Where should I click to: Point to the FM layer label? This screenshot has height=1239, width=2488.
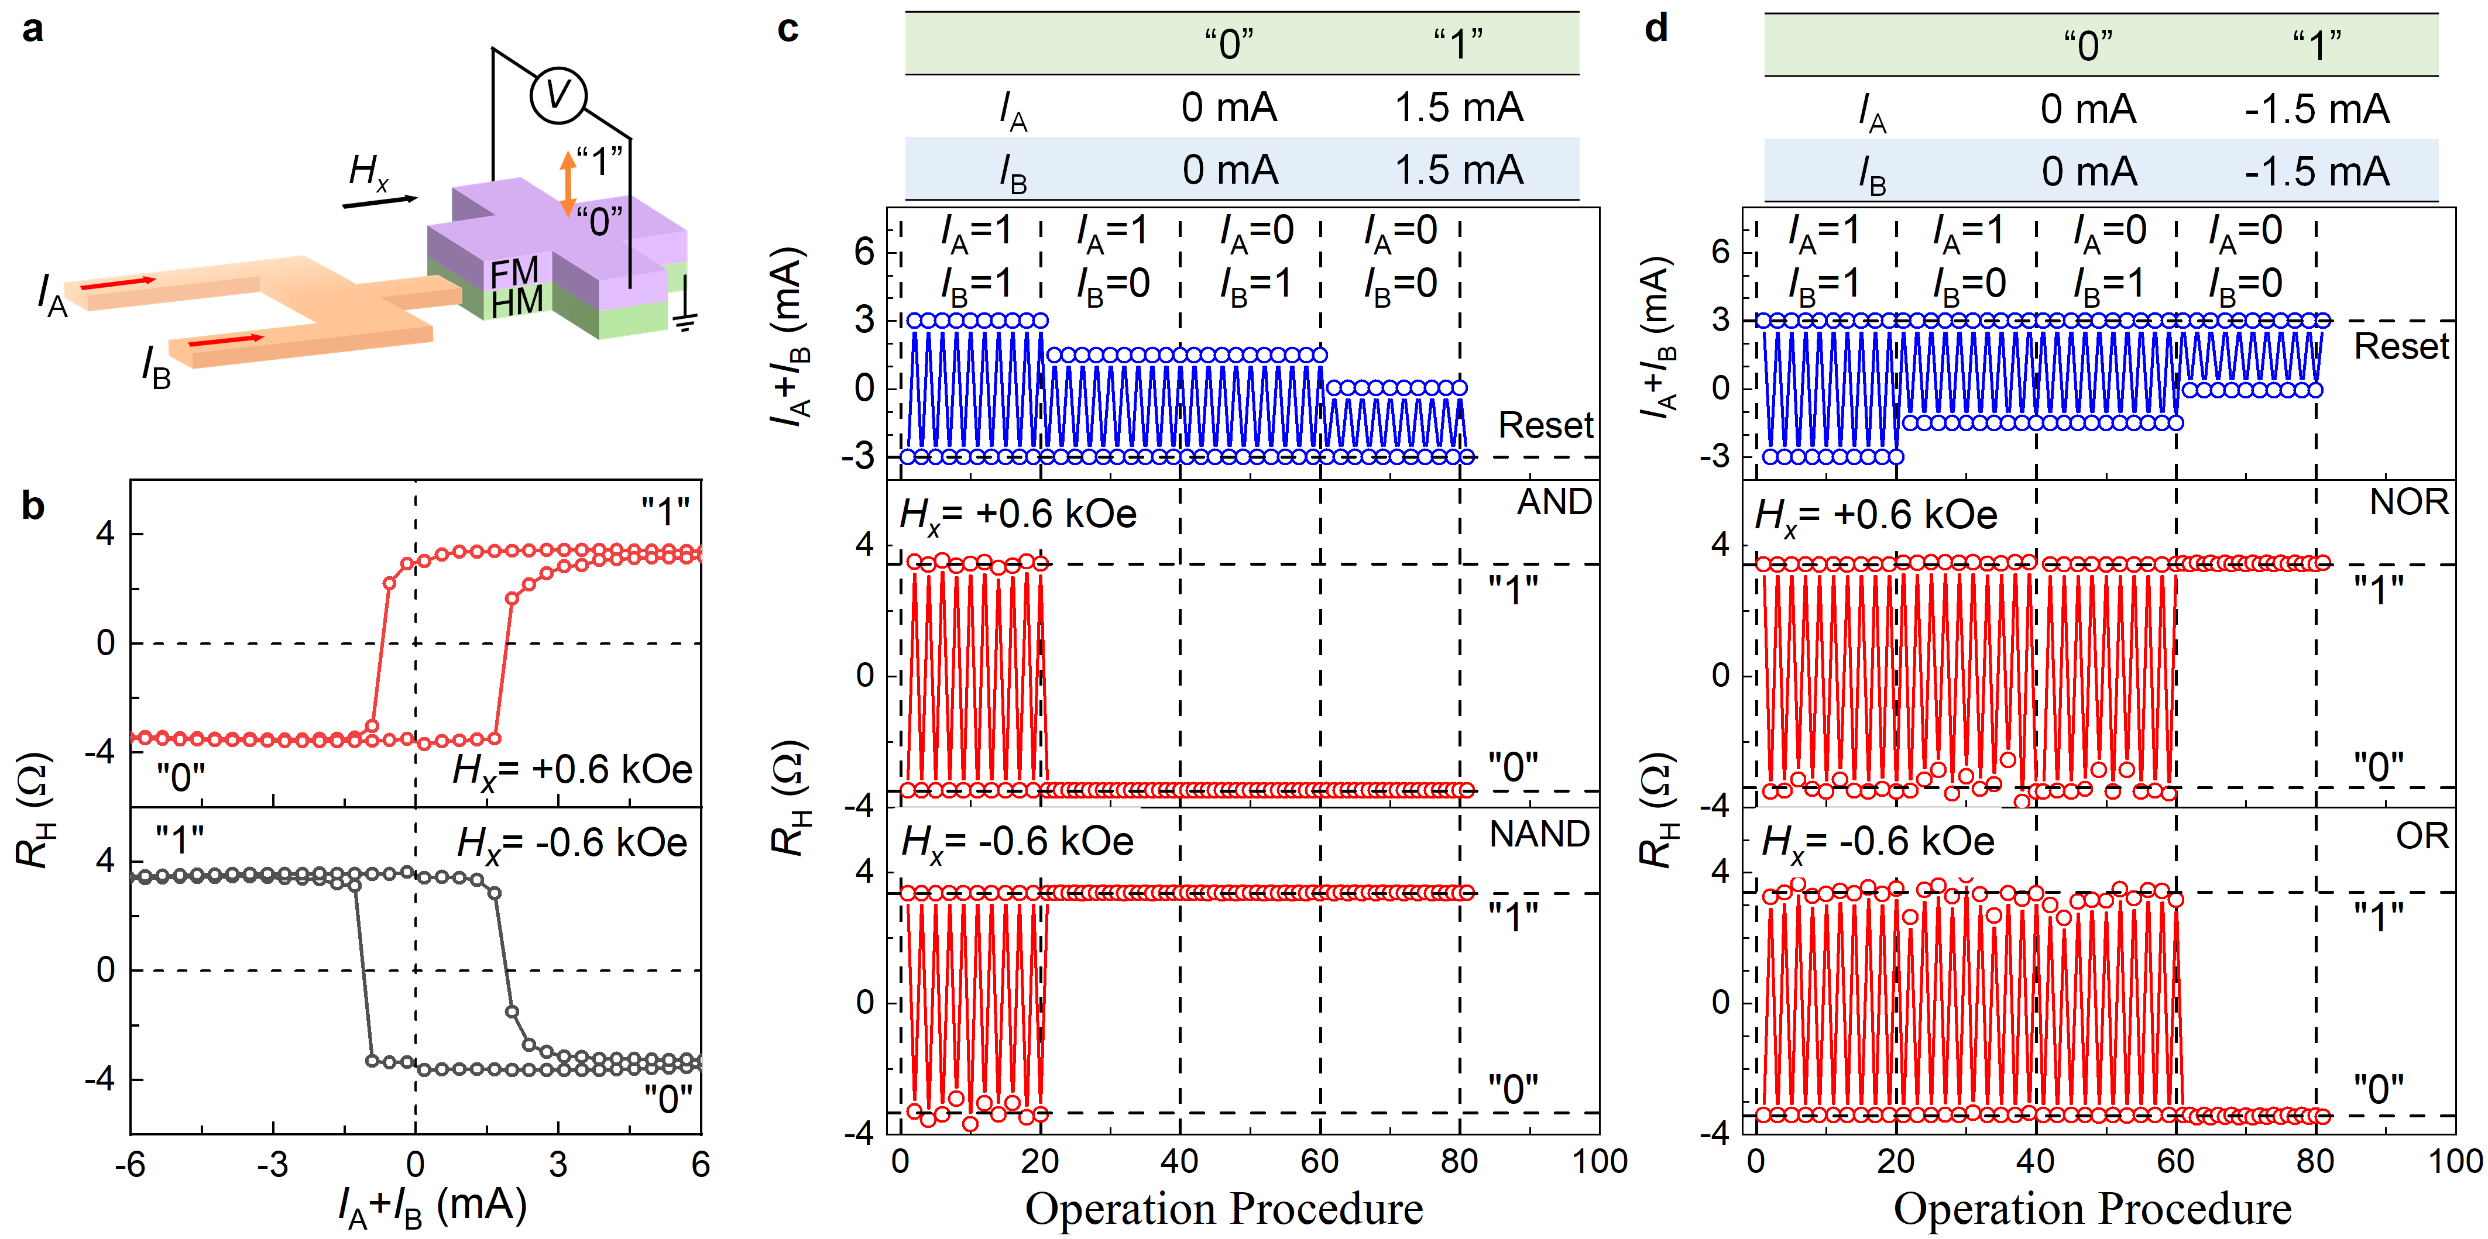(514, 273)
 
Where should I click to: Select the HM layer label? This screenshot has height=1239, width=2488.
(517, 302)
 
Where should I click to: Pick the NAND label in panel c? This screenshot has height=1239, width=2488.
(1539, 834)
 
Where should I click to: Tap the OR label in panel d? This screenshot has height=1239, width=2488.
(2422, 837)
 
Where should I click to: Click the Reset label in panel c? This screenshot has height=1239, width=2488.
(1545, 425)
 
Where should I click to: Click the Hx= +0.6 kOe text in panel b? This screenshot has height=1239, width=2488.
(572, 770)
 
